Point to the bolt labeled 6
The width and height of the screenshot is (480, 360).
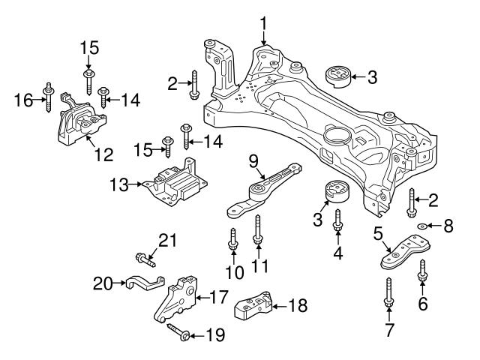point(422,271)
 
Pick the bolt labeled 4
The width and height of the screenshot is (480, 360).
point(337,221)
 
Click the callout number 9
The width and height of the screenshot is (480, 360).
point(253,160)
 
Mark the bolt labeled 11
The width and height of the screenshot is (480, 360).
point(257,229)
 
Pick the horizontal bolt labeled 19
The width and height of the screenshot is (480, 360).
point(176,331)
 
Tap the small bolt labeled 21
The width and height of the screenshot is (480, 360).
point(145,259)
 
